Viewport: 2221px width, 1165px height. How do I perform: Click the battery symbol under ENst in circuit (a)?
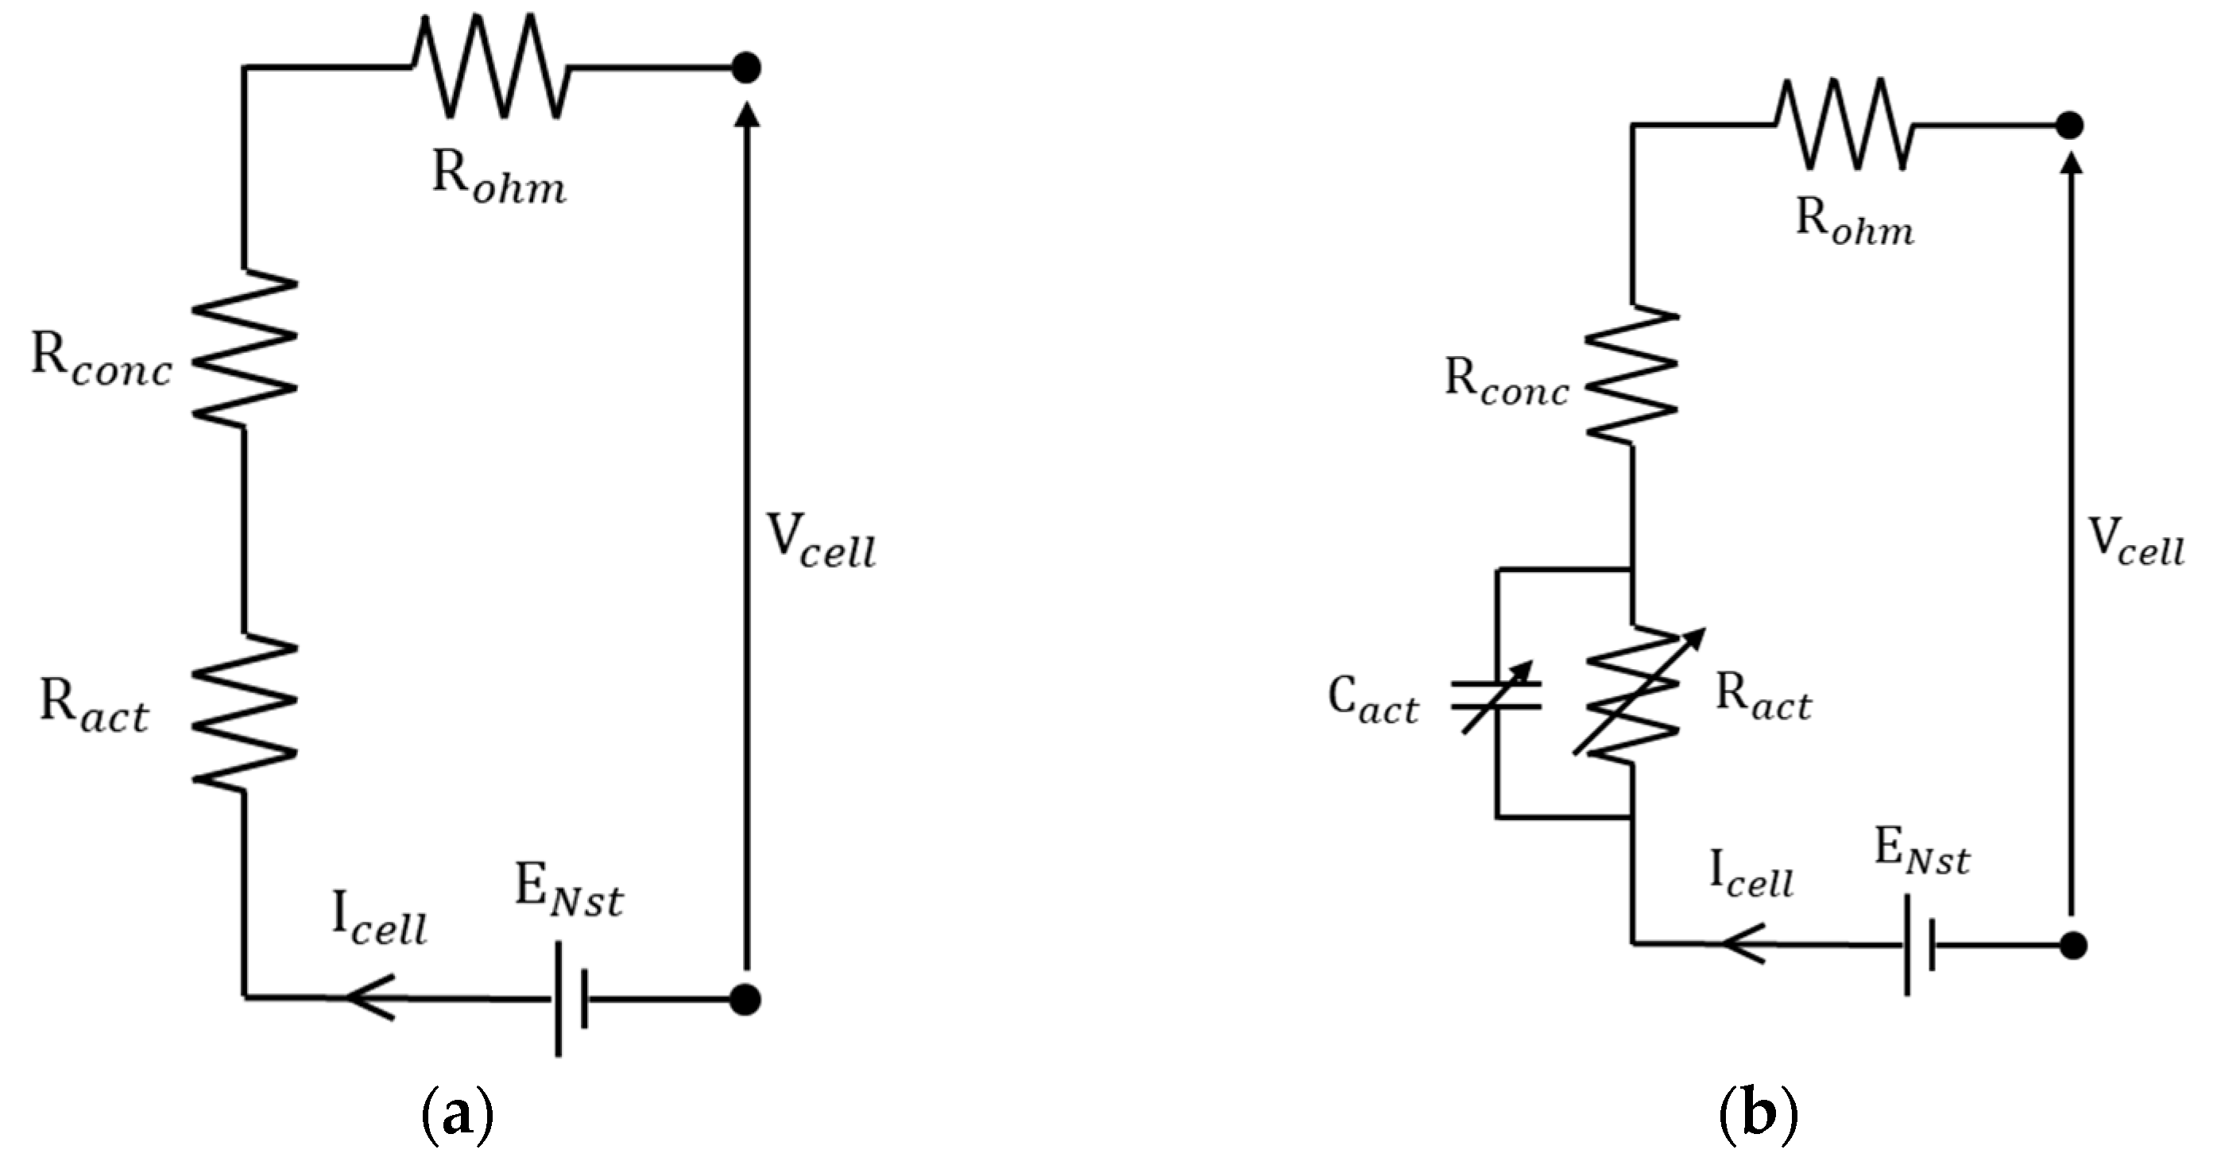coord(571,999)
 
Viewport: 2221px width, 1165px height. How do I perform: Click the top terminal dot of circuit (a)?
coord(746,67)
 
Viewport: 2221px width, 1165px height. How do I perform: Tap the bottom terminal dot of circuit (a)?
coord(745,1000)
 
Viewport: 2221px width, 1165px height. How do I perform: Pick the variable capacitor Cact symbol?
coord(1498,695)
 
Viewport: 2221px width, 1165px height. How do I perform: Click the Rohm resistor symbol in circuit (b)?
coord(1844,126)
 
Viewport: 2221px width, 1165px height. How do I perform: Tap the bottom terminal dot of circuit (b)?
coord(2072,945)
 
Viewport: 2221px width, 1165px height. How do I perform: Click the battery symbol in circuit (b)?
coord(1919,945)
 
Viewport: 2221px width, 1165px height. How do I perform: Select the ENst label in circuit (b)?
coord(1921,853)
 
